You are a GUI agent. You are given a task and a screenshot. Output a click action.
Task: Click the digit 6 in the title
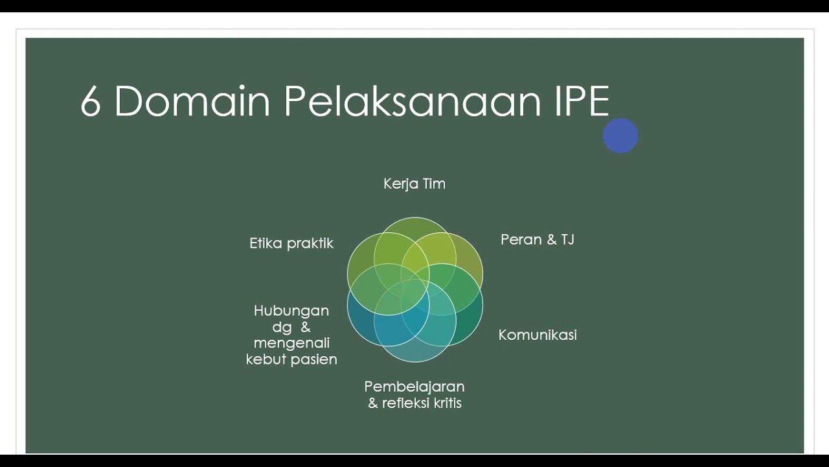(91, 102)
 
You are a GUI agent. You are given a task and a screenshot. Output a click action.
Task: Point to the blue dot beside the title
(620, 136)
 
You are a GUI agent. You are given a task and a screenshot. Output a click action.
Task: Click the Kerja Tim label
(414, 184)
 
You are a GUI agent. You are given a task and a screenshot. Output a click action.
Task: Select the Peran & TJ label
(538, 240)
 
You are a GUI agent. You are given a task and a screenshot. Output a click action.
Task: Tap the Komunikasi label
(538, 335)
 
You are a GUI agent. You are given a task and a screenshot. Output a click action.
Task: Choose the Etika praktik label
(291, 243)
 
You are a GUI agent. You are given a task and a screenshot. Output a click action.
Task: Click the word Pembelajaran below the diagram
(414, 387)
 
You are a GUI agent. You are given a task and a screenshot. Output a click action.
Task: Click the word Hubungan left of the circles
(291, 311)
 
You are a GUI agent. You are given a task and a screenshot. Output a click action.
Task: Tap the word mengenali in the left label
(291, 342)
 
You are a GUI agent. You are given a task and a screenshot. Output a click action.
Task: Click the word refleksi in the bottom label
(402, 403)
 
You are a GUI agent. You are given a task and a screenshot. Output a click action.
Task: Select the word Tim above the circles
(433, 184)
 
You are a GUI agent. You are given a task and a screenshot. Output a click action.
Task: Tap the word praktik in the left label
(310, 244)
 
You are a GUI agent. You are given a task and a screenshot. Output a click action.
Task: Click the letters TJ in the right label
(567, 240)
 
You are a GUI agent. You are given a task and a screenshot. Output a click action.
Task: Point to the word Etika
(266, 243)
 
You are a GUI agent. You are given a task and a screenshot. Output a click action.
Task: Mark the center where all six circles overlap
(414, 289)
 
